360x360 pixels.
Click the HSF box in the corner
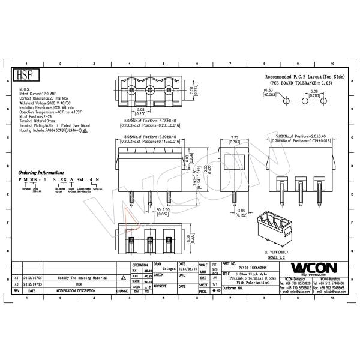coord(23,76)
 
